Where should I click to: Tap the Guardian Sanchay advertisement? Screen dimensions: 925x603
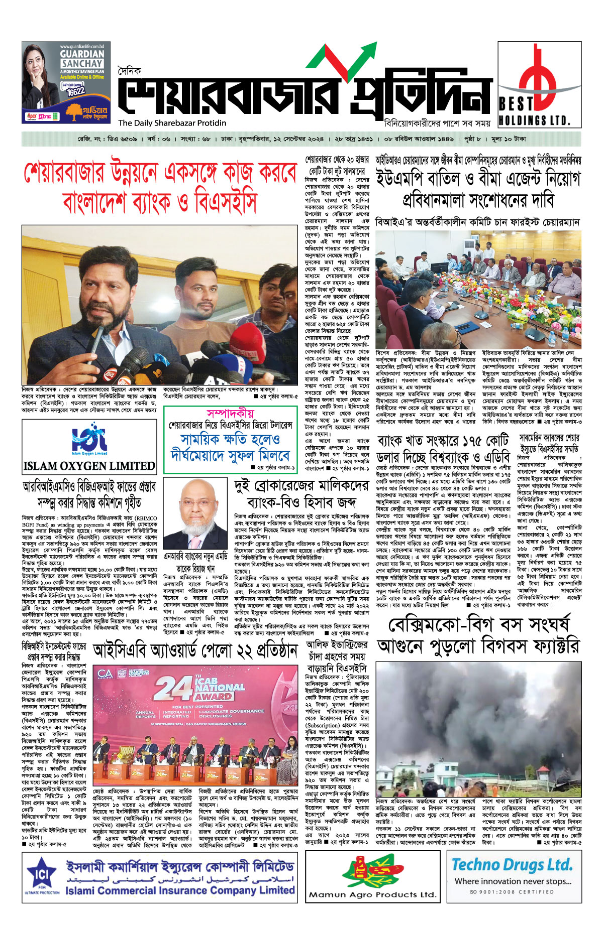(66, 82)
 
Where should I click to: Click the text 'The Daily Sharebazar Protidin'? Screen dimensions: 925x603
(172, 123)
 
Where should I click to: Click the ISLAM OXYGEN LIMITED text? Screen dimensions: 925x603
(89, 466)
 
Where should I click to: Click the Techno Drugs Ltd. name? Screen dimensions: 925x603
(512, 864)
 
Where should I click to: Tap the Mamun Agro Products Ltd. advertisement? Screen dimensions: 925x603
(372, 876)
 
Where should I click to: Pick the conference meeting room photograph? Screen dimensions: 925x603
(478, 289)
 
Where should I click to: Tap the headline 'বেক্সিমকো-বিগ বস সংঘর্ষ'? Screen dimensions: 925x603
(479, 625)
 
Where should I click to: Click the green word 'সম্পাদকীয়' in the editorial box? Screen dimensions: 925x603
(231, 413)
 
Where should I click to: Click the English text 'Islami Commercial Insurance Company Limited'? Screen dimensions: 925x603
(180, 890)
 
